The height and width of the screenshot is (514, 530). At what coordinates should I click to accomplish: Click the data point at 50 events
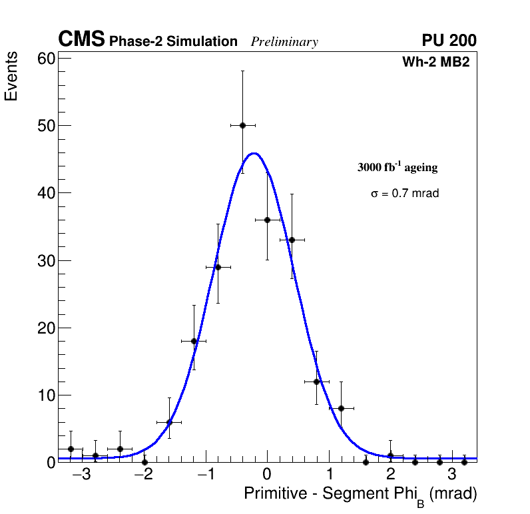click(242, 125)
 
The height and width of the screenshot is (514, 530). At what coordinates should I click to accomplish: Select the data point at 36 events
click(267, 220)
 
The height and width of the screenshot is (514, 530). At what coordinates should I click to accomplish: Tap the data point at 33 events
click(292, 240)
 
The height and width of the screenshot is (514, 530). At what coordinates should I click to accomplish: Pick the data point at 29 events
click(218, 267)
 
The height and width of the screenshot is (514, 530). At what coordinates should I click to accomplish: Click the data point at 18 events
click(194, 341)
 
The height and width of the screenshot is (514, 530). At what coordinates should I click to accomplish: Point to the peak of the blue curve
click(254, 153)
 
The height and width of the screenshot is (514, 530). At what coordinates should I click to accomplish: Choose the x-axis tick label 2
click(390, 475)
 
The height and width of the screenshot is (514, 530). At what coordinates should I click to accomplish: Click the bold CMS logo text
click(81, 40)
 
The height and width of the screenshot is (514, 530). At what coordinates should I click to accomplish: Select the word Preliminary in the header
click(284, 42)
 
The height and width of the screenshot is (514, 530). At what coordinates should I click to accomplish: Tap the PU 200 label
click(449, 41)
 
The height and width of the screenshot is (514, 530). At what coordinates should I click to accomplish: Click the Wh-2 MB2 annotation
click(436, 63)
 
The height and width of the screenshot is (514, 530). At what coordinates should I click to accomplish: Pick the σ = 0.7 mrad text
click(405, 194)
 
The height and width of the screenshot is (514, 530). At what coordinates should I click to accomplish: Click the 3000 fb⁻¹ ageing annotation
click(398, 167)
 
